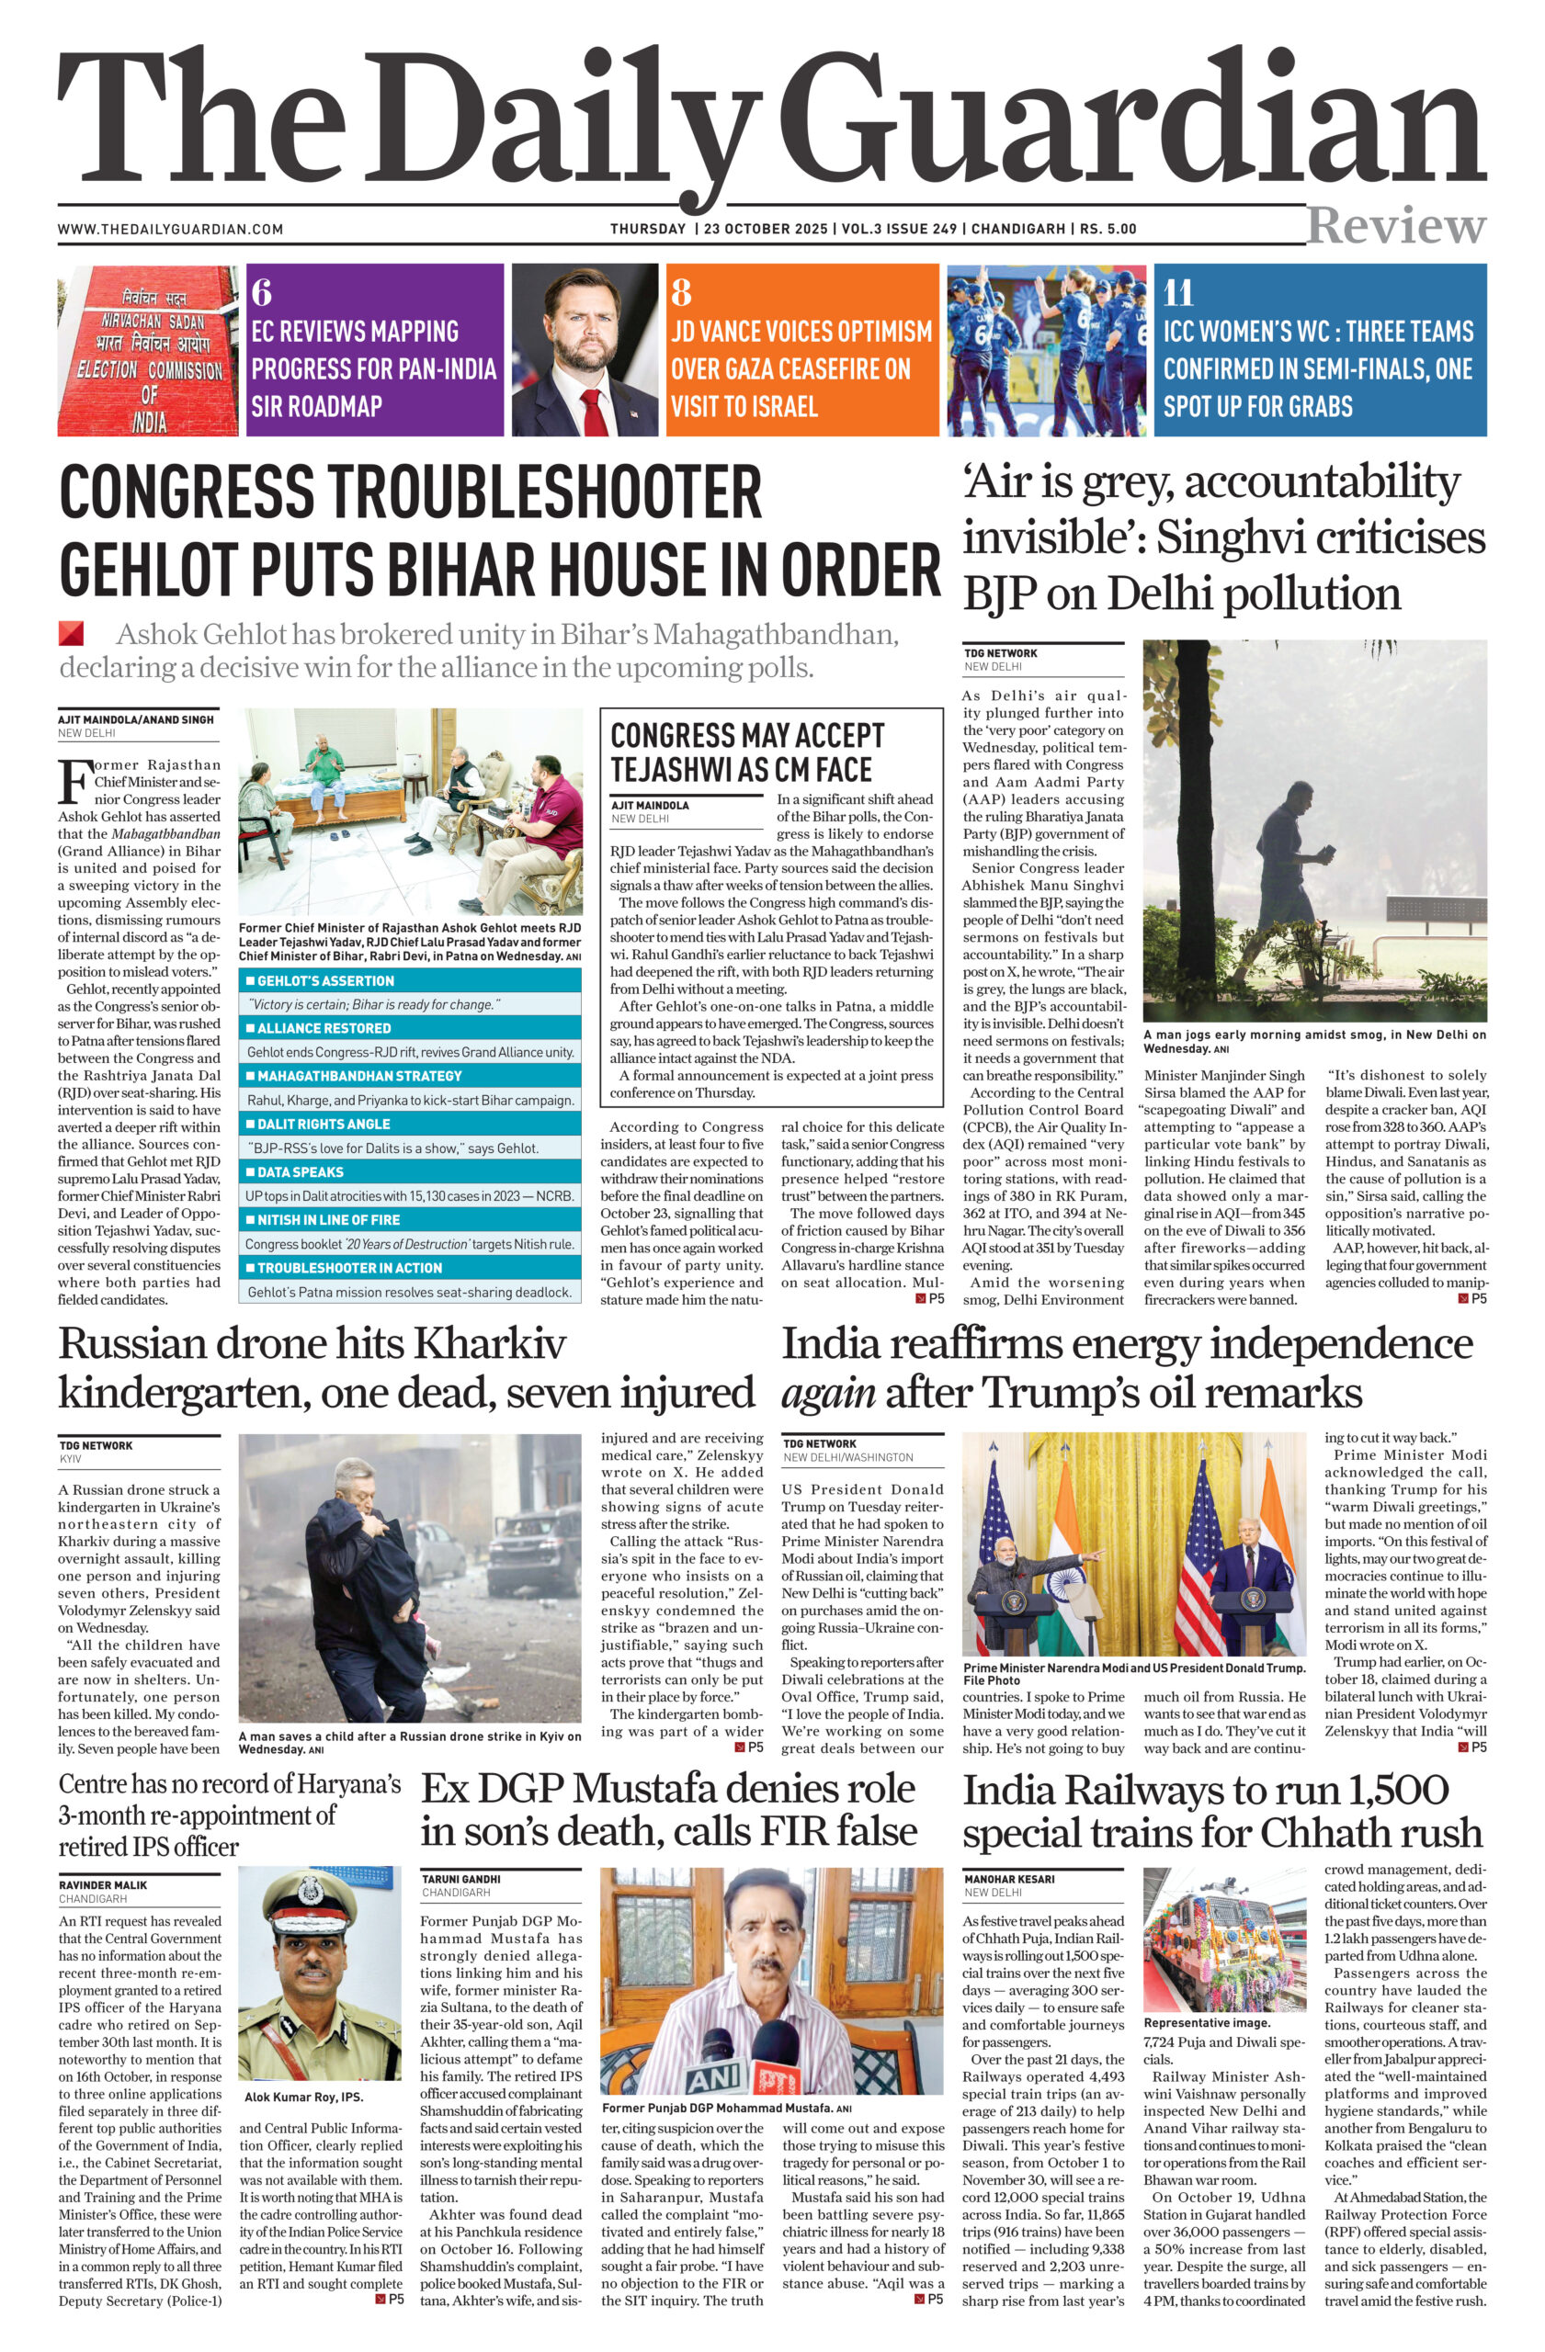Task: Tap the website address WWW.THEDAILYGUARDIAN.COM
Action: [x=170, y=230]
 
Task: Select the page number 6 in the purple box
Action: [x=261, y=293]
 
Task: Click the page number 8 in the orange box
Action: [x=681, y=293]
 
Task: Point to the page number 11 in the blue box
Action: [x=1178, y=293]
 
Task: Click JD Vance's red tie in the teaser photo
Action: [x=592, y=411]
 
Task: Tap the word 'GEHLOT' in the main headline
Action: [x=147, y=571]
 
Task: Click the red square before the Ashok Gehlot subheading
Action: [x=70, y=633]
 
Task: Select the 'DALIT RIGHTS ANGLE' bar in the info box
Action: [x=409, y=1124]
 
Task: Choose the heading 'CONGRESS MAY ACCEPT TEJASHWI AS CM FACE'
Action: [x=741, y=752]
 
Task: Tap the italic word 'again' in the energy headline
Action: [x=827, y=1395]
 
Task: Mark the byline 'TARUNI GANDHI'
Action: [x=460, y=1879]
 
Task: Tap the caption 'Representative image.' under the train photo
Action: [x=1206, y=2023]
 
